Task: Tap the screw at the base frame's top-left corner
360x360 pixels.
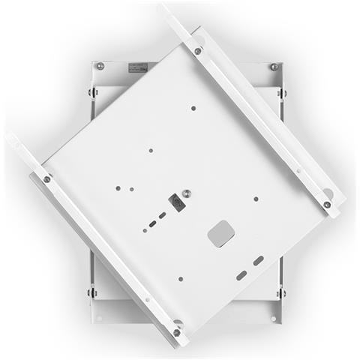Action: [x=100, y=66]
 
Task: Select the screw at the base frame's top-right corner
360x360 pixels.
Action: [x=274, y=67]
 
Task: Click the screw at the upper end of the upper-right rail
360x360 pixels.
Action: [x=198, y=51]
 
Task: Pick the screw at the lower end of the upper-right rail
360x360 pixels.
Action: [x=327, y=204]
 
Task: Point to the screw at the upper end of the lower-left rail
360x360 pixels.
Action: [x=46, y=178]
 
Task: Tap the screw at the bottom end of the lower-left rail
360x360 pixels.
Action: [x=177, y=332]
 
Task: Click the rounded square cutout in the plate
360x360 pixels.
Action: [x=221, y=233]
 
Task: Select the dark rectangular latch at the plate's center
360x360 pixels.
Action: [x=175, y=203]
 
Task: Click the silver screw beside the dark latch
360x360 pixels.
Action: [x=187, y=193]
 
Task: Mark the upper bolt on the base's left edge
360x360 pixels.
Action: [x=91, y=93]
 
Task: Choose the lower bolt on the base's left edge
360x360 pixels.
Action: [x=91, y=292]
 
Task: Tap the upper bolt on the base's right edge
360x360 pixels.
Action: [x=282, y=93]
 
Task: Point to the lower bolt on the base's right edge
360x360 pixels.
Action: [x=282, y=292]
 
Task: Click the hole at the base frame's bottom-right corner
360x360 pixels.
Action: [x=273, y=318]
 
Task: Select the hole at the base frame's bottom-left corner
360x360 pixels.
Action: [x=102, y=318]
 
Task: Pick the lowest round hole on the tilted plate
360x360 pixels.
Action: [x=181, y=279]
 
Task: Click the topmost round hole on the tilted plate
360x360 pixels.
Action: [x=193, y=108]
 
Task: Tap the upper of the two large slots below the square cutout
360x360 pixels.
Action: [x=258, y=260]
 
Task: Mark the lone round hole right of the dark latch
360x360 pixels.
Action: [x=256, y=199]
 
